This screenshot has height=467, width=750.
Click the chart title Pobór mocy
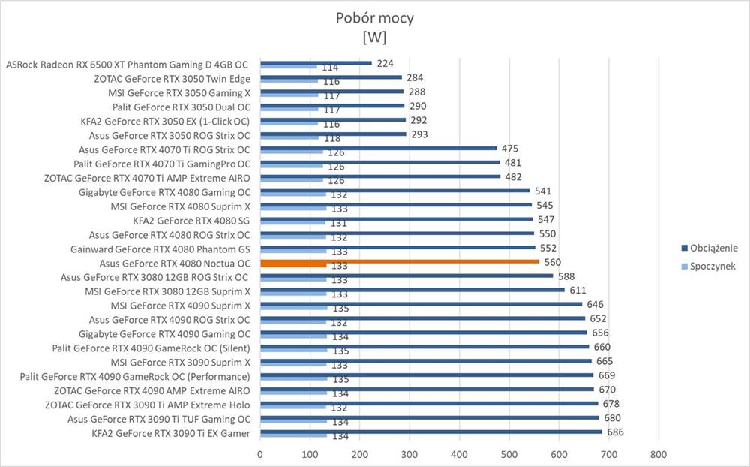(x=374, y=19)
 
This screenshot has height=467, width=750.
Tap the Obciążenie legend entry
(x=712, y=247)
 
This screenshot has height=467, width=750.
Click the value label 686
(x=616, y=432)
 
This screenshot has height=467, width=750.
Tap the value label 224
(x=385, y=64)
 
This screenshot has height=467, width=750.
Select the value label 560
(x=553, y=262)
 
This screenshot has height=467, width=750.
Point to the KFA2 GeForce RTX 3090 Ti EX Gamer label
(x=171, y=433)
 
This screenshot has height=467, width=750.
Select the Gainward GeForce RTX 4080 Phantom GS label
(x=160, y=249)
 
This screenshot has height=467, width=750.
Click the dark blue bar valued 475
(x=379, y=149)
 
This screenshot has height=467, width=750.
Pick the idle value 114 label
(x=330, y=68)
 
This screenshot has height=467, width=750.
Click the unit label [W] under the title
(x=374, y=38)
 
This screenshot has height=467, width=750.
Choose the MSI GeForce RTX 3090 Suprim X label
(x=181, y=363)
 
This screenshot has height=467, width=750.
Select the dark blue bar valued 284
(x=331, y=77)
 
